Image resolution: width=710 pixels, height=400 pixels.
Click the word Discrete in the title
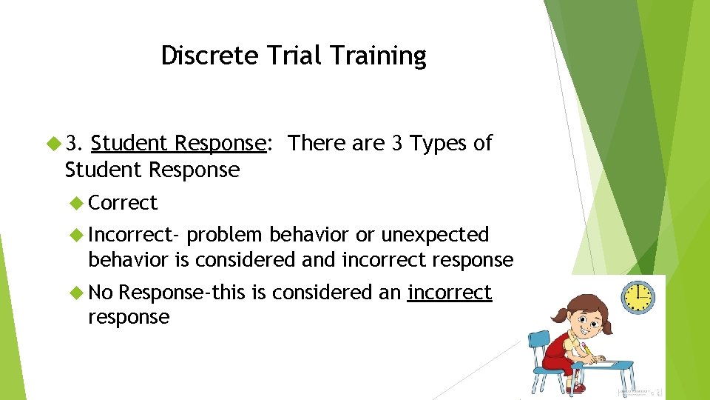[198, 56]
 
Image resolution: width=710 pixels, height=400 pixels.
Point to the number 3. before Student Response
[75, 143]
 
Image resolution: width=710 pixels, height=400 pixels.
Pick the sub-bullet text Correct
[123, 202]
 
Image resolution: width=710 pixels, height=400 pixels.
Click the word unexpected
[435, 235]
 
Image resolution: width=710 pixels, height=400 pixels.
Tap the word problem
[225, 235]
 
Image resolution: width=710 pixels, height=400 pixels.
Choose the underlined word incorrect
[449, 293]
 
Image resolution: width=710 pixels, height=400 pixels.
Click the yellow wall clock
[638, 296]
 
